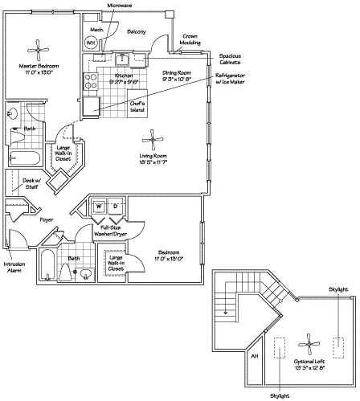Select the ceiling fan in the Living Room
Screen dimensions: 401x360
[x=150, y=136]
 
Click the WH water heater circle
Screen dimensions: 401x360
[x=90, y=43]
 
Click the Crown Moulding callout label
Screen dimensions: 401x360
[x=190, y=40]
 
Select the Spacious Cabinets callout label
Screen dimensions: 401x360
[x=234, y=59]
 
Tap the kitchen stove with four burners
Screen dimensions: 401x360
[x=92, y=80]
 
